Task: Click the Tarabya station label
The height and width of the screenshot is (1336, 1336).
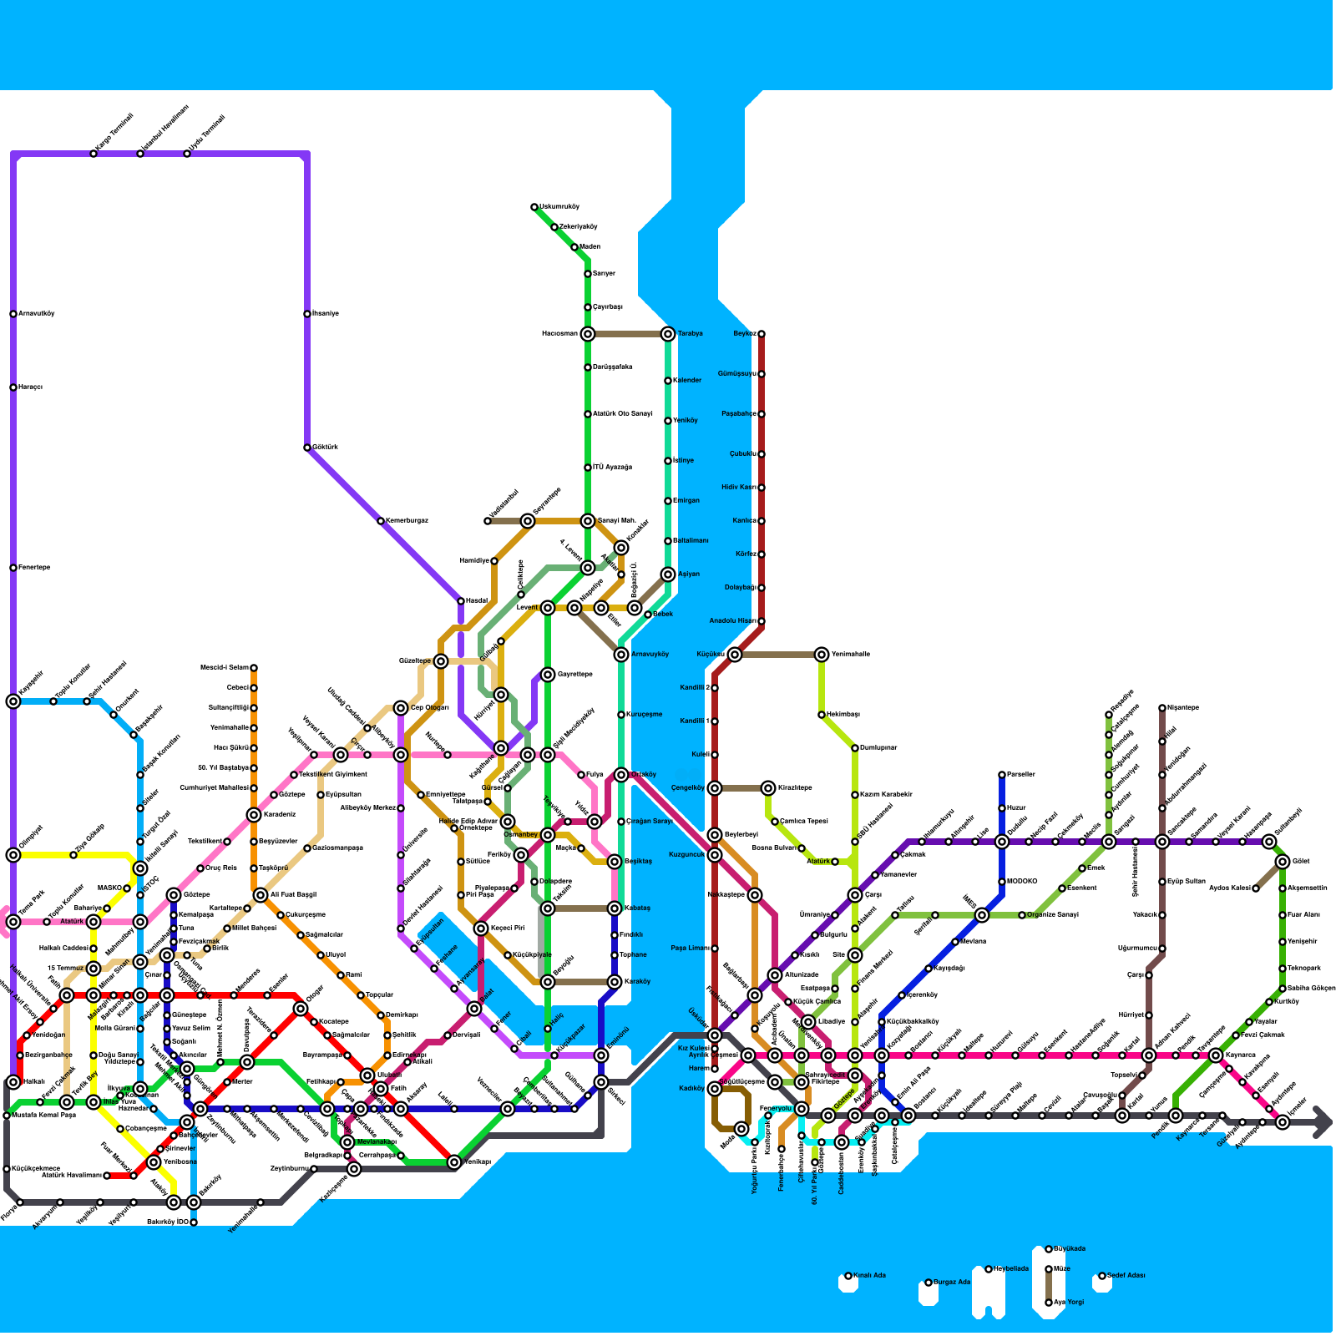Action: tap(690, 334)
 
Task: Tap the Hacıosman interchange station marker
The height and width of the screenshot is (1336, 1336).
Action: tap(588, 334)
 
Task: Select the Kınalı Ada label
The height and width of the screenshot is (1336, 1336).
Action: tap(869, 1276)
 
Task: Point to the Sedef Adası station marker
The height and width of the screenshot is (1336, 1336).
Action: tap(1102, 1276)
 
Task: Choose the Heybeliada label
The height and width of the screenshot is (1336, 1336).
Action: tap(1010, 1269)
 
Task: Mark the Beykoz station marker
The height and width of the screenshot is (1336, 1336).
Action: tap(762, 334)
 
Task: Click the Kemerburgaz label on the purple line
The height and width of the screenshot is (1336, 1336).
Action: tap(406, 521)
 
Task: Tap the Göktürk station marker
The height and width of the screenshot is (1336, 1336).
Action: tap(307, 448)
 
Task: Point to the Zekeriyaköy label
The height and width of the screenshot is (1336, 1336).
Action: tap(579, 227)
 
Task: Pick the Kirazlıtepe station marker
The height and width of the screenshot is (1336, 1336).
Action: tap(768, 788)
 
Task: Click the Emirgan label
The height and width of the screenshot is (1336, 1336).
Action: tap(686, 501)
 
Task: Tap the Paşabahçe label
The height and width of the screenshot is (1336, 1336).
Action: tap(739, 414)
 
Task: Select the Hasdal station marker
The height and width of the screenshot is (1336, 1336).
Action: tap(461, 601)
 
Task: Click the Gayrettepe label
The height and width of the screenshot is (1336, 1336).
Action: tap(574, 675)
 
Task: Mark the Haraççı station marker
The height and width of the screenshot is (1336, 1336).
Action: tap(13, 387)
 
